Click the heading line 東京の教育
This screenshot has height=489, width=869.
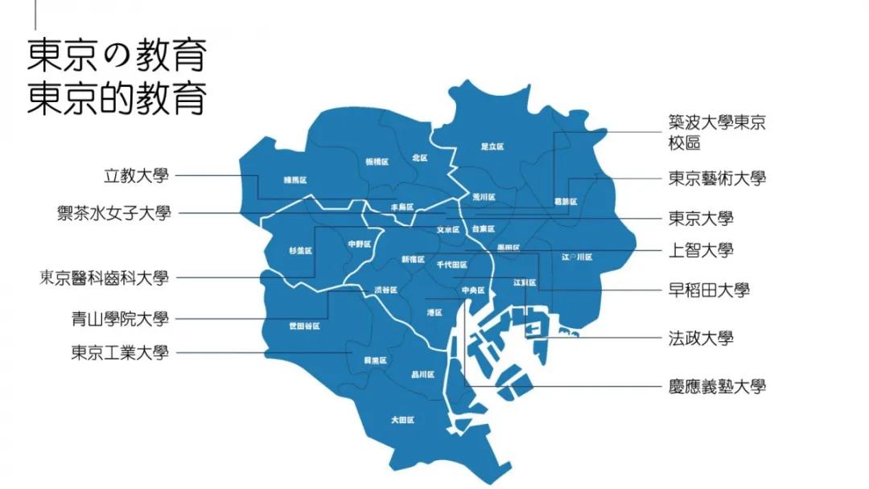(117, 56)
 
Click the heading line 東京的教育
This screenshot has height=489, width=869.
(117, 99)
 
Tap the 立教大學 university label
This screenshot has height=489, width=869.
(137, 175)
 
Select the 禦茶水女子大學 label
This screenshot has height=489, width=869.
(113, 213)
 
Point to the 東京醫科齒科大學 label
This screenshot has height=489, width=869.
(104, 278)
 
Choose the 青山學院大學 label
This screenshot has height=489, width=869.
(120, 318)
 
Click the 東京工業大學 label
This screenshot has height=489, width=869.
(120, 352)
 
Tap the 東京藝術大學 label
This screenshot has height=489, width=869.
(717, 179)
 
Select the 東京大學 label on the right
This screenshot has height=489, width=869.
(701, 218)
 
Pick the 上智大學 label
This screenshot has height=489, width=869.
(701, 250)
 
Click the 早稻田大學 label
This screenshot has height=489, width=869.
(709, 290)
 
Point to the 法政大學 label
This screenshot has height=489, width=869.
(701, 338)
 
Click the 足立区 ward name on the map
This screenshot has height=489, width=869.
(492, 147)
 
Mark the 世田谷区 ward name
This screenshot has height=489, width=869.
(304, 326)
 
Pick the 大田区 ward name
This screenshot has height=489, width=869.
(402, 420)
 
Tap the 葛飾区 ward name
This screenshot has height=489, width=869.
(566, 201)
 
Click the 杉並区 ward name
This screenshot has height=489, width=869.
(299, 250)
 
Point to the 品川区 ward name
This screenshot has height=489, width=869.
(422, 375)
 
